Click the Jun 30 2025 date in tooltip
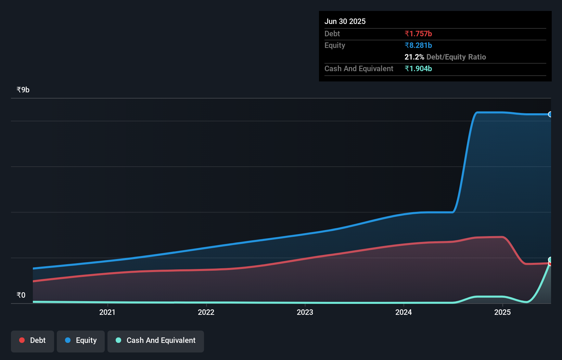pos(345,21)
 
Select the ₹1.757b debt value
pos(418,34)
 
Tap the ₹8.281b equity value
pos(418,45)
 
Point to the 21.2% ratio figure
pos(414,57)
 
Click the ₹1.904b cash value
pos(418,68)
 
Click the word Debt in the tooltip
pos(332,34)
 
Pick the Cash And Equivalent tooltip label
pos(359,68)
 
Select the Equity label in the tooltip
pos(334,45)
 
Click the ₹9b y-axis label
pos(23,90)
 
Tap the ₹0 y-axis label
pos(21,295)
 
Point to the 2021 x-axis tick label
pos(107,312)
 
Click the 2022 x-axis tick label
pos(206,312)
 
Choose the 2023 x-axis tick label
pos(305,312)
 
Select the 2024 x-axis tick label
pos(404,312)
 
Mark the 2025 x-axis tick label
pos(502,312)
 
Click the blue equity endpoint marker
pos(550,114)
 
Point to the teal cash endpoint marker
pos(550,259)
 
